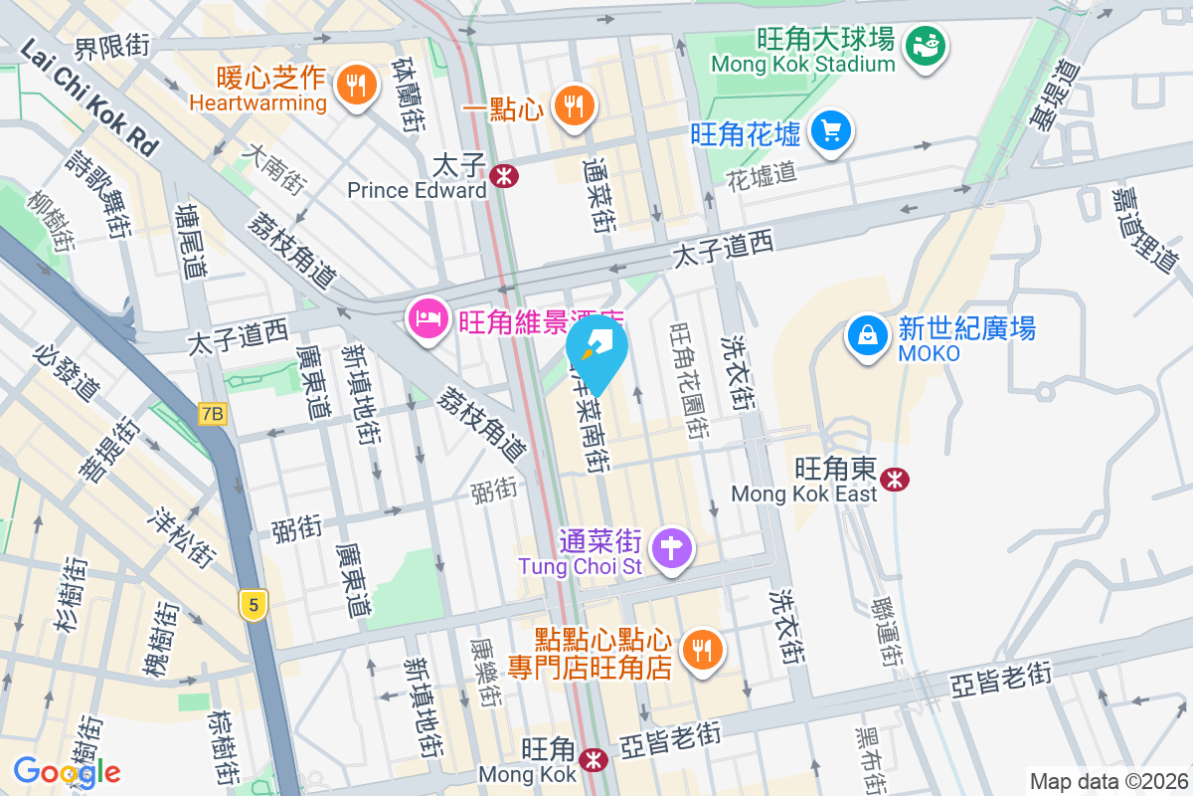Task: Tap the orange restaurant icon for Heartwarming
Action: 355,85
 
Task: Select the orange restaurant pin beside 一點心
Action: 572,103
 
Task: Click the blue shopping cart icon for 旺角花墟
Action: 830,130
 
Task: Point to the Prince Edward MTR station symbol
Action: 504,177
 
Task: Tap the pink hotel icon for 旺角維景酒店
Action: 427,319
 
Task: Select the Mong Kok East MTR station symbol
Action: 896,480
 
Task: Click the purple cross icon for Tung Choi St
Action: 672,547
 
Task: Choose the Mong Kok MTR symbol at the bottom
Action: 594,760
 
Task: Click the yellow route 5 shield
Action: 255,604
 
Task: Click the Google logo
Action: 67,771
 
